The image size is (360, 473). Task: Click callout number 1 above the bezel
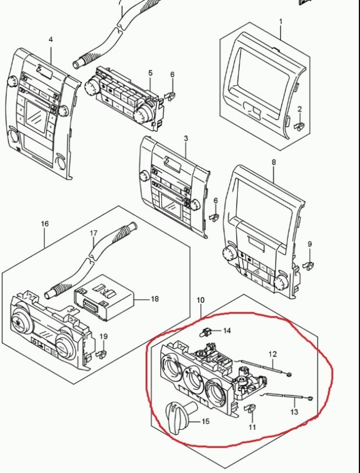pos(281,22)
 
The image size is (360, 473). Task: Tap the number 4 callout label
pos(51,40)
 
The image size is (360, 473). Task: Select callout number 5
pos(150,73)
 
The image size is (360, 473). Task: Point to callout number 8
pos(274,162)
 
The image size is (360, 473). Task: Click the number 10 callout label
pos(200,300)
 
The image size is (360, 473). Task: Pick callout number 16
pos(44,224)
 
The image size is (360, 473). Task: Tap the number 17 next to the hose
pos(94,233)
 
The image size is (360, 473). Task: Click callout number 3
pos(186,138)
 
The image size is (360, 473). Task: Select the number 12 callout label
pos(273,354)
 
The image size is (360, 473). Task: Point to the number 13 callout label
pos(294,412)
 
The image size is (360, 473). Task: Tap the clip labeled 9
pos(309,265)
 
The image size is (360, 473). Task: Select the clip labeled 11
pos(249,409)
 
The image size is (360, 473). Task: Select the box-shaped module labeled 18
pos(103,298)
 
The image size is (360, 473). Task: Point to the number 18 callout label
pos(155,299)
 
